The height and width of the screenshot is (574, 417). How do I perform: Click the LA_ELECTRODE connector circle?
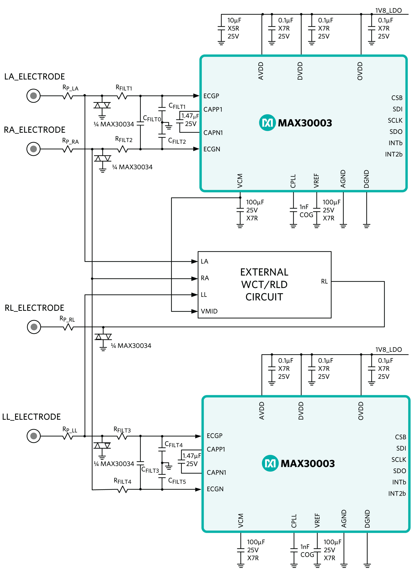point(34,96)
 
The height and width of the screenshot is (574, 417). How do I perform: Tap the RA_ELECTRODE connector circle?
point(34,149)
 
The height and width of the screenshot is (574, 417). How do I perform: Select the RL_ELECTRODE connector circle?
point(34,327)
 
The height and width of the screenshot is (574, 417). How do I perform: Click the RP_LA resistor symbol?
point(68,96)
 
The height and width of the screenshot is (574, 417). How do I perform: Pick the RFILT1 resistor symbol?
point(122,96)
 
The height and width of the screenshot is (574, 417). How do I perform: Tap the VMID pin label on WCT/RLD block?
point(209,311)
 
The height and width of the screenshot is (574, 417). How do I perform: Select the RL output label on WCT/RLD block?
point(324,281)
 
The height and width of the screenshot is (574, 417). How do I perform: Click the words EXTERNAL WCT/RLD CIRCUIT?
point(264,284)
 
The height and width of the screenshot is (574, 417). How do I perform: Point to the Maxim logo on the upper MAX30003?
point(267,123)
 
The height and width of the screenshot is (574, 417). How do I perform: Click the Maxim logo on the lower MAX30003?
point(270,463)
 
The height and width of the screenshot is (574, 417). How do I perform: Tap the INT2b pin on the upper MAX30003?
point(394,154)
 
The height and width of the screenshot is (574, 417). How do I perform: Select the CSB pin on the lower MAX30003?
point(400,437)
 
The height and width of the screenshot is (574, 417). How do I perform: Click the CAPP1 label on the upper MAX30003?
point(213,109)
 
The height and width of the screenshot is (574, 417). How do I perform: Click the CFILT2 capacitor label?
point(177,141)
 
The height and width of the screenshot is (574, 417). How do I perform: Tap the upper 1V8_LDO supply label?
point(388,11)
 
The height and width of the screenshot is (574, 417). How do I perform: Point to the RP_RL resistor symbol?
point(68,327)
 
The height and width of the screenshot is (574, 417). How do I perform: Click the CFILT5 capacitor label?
point(177,481)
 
